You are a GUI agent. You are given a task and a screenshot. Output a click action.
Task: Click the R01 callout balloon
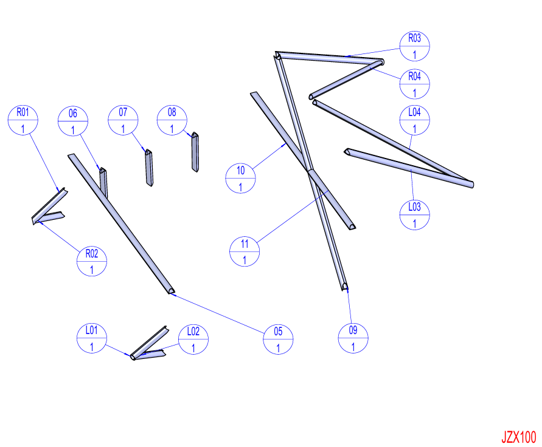click(x=23, y=120)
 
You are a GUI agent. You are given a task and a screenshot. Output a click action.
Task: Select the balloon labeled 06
click(x=73, y=121)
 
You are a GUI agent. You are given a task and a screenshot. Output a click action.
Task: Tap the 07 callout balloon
click(x=123, y=120)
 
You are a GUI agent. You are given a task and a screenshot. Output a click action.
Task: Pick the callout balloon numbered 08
click(x=172, y=120)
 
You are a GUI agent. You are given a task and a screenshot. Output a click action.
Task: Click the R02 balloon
click(x=92, y=261)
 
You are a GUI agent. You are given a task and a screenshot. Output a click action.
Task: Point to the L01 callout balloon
click(x=92, y=338)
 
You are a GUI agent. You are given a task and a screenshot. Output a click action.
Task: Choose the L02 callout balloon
click(x=193, y=340)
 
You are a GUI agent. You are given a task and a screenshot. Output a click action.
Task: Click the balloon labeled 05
click(x=278, y=340)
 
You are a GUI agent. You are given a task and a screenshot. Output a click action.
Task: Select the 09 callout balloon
click(x=353, y=338)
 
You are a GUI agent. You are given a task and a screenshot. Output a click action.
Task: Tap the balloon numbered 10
click(x=240, y=179)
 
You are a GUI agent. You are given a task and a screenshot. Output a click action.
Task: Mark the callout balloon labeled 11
click(x=245, y=252)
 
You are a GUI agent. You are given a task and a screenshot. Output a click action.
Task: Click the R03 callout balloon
click(x=414, y=46)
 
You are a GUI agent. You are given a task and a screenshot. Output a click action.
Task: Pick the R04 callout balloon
click(x=414, y=84)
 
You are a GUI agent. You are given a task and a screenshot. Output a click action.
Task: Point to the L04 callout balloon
click(x=414, y=120)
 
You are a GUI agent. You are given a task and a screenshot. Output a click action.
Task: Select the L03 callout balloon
click(x=414, y=215)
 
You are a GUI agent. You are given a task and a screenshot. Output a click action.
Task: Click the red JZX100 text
click(x=518, y=437)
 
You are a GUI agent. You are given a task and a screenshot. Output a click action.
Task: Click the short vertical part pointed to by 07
click(x=149, y=168)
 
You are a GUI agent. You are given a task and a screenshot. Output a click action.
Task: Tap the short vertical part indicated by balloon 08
click(x=195, y=152)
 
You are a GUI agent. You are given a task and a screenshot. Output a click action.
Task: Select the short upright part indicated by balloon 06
click(x=103, y=183)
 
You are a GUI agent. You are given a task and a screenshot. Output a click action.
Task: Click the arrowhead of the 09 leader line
click(x=347, y=291)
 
